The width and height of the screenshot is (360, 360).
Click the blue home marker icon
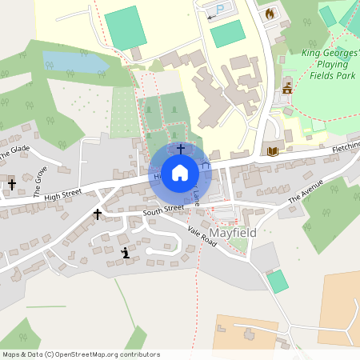[180, 173]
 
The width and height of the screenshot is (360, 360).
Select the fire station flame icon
[270, 14]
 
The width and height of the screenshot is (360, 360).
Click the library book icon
[272, 150]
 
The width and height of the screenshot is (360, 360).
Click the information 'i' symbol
[125, 254]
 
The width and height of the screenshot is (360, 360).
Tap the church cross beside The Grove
[11, 185]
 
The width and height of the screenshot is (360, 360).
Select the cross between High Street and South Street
[98, 214]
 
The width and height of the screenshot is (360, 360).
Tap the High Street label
[63, 194]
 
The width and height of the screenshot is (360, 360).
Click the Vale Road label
[202, 236]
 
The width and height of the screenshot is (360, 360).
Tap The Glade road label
[14, 150]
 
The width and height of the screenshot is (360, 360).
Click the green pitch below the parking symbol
[228, 33]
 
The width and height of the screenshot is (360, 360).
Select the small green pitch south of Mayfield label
[277, 281]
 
